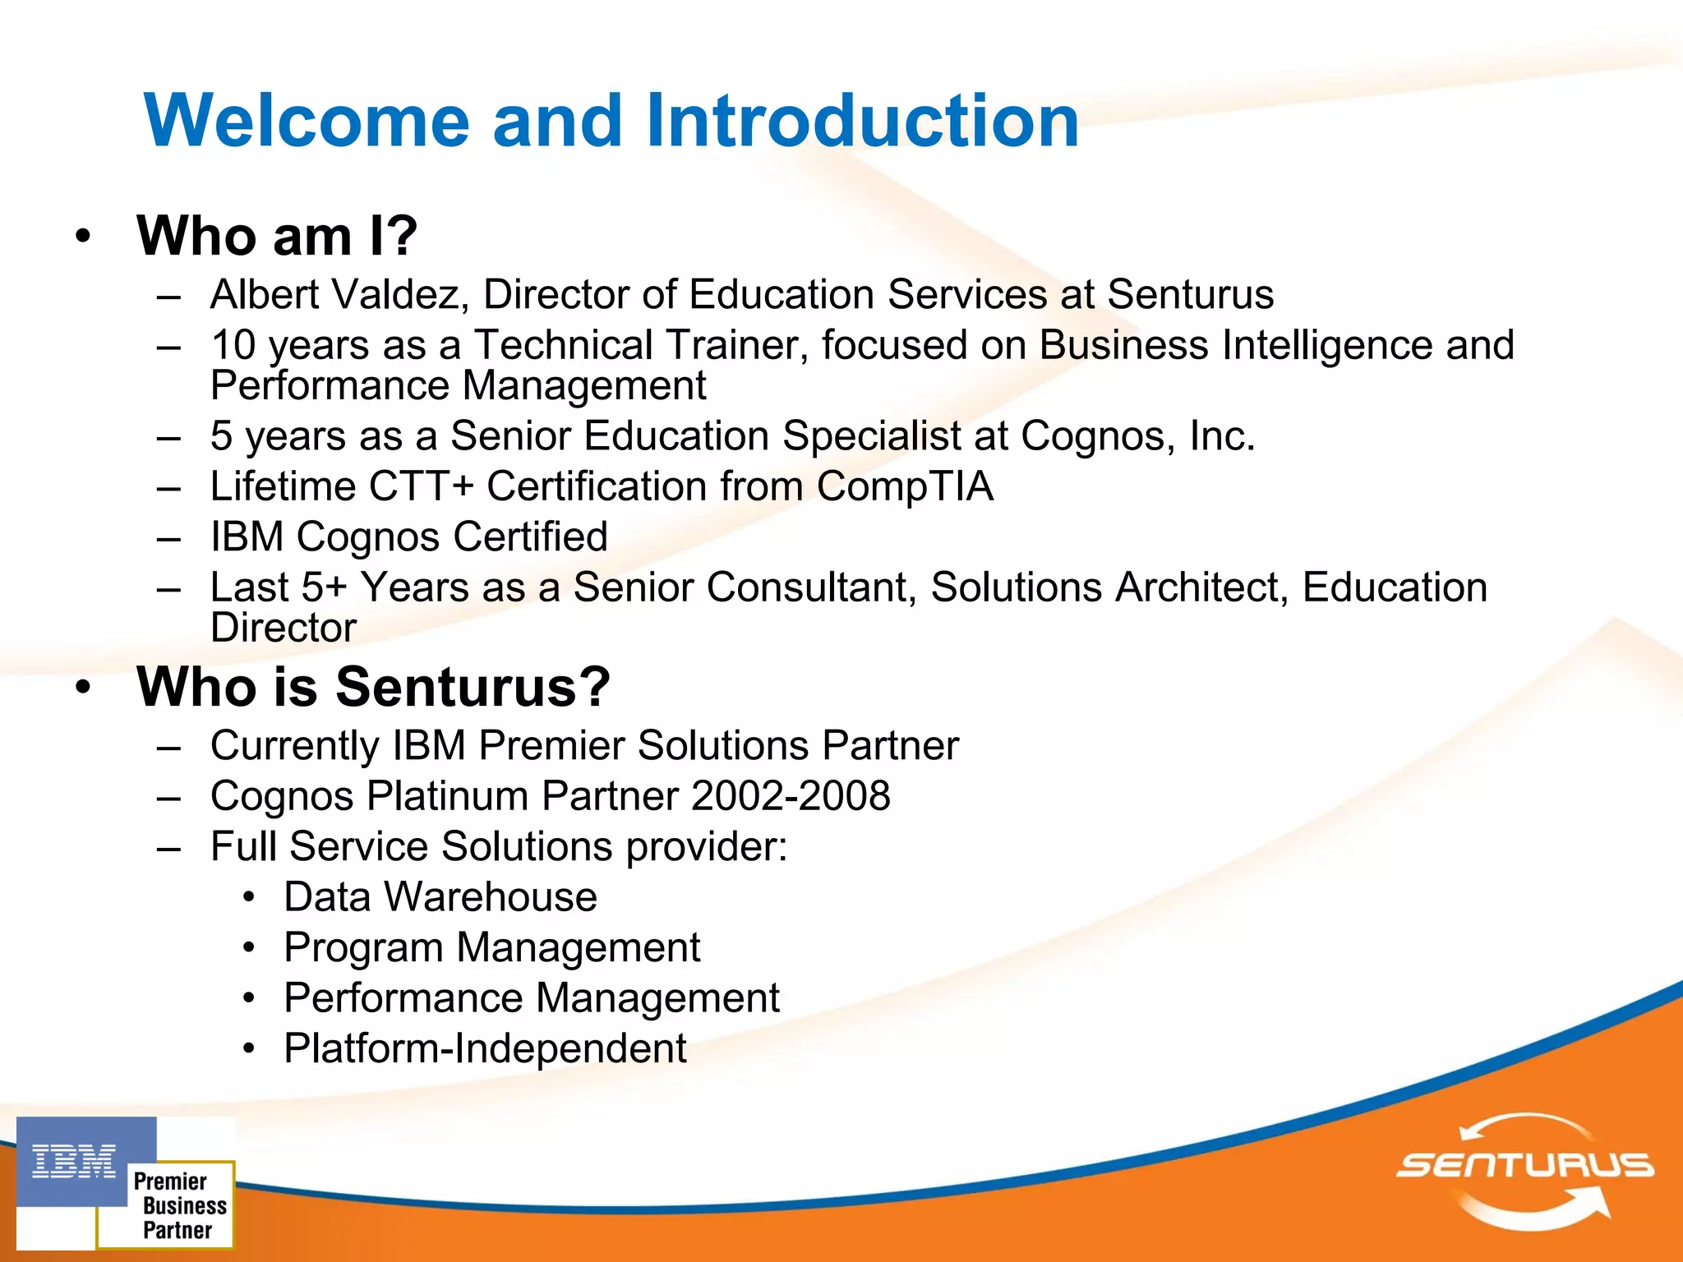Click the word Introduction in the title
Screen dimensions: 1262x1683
pos(862,121)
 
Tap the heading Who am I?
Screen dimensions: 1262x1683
pos(277,236)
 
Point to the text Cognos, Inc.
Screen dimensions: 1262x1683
pos(1137,436)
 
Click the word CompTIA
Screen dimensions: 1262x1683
pos(905,486)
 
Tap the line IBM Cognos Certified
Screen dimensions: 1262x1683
pos(408,537)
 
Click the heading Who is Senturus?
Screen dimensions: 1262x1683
pos(374,687)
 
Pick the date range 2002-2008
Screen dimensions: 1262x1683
pos(791,796)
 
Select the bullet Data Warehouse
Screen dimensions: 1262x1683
pos(440,897)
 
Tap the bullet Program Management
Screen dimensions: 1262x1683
pos(491,947)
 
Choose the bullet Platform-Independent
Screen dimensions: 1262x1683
pos(485,1048)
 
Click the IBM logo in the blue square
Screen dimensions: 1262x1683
pos(74,1161)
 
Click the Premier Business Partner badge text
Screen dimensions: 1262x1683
pos(178,1205)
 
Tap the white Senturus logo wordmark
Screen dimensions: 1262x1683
pos(1525,1165)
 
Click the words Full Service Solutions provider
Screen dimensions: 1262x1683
pos(498,847)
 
